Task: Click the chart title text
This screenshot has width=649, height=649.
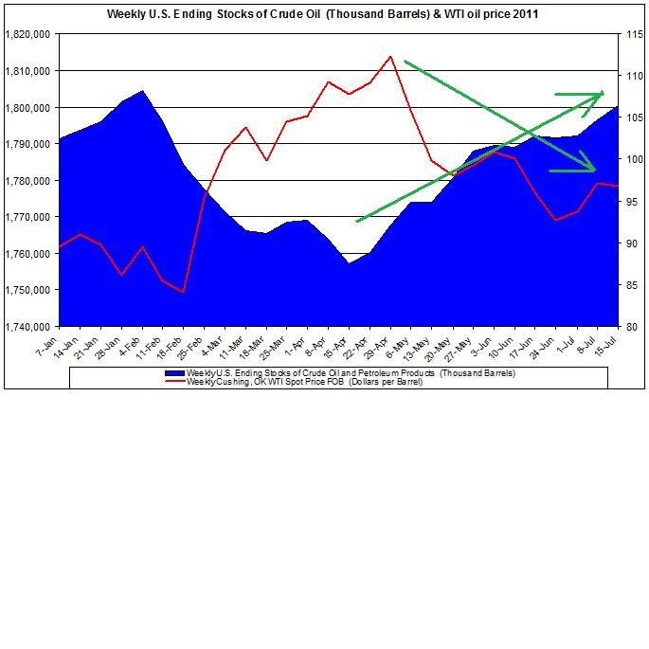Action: [x=325, y=15]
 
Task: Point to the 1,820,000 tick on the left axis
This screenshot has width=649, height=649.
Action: [x=28, y=34]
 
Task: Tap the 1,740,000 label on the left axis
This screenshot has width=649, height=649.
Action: [x=28, y=326]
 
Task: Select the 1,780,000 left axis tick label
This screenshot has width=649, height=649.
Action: [x=28, y=180]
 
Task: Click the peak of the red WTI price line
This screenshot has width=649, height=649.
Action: [x=390, y=56]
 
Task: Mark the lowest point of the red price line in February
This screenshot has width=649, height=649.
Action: [x=183, y=292]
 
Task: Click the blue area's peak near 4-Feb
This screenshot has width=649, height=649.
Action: [x=142, y=91]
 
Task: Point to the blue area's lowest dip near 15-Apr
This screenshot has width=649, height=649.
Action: [x=349, y=263]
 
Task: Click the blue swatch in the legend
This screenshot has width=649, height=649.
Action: [x=175, y=373]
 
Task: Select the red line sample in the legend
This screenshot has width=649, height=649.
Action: [x=175, y=382]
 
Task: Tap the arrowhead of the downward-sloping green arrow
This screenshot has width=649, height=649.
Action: [x=595, y=171]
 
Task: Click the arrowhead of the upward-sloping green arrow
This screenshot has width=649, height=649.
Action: [x=603, y=93]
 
